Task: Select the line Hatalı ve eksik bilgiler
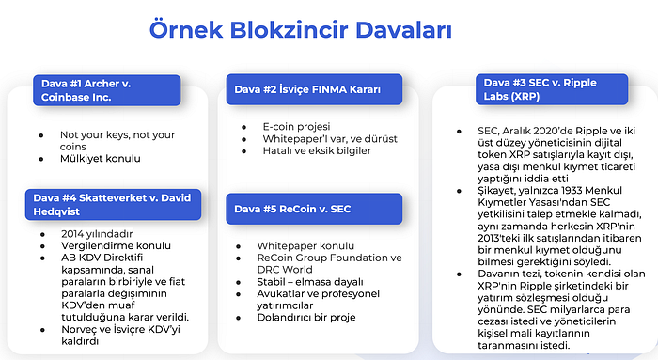305,150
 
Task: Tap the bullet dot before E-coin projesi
243,126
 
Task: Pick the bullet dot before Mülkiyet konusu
40,162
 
